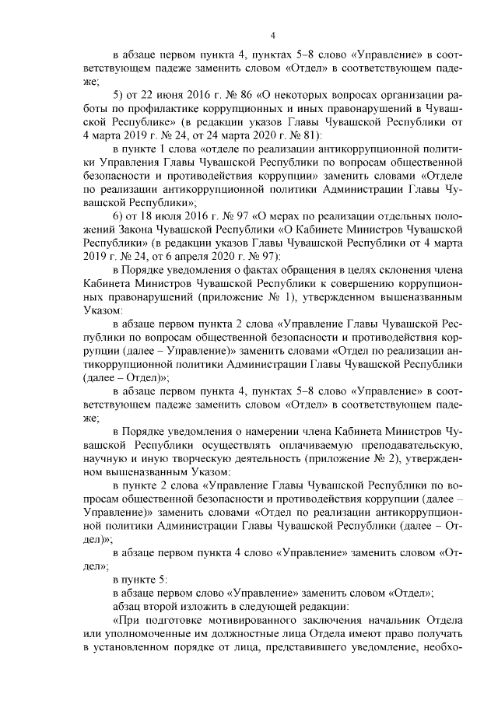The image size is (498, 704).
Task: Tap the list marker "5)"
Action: tap(118, 95)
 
